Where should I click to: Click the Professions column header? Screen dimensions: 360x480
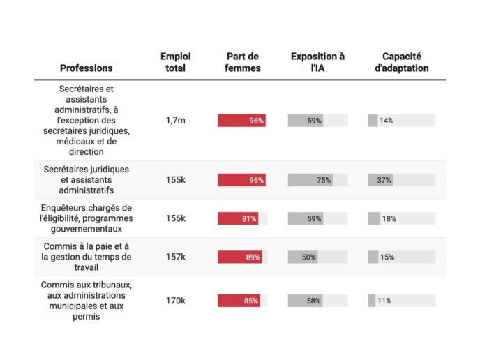(86, 68)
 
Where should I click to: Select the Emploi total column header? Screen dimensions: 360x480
(175, 62)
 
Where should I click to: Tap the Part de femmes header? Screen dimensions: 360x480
(243, 62)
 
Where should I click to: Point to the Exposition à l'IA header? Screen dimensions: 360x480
(317, 62)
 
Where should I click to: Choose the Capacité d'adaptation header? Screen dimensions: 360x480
(405, 62)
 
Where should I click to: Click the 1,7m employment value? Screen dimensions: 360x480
(175, 121)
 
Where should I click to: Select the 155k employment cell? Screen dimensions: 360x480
(175, 180)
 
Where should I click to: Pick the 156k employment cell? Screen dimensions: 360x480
(175, 218)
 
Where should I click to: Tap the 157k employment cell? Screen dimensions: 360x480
(175, 257)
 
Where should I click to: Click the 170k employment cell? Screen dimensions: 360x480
(175, 301)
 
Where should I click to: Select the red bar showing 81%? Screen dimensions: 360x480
(238, 218)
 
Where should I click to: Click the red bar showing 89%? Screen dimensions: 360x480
(240, 257)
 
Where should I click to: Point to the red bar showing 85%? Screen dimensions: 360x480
(239, 301)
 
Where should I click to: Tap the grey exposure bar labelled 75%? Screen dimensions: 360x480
(310, 180)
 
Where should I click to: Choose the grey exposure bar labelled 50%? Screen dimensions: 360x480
(303, 257)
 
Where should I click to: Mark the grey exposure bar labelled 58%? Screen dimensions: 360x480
(305, 301)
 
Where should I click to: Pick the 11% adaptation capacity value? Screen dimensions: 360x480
(384, 301)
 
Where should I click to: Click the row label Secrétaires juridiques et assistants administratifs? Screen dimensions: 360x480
(86, 179)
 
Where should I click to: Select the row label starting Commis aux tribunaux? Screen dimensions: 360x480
(86, 301)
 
